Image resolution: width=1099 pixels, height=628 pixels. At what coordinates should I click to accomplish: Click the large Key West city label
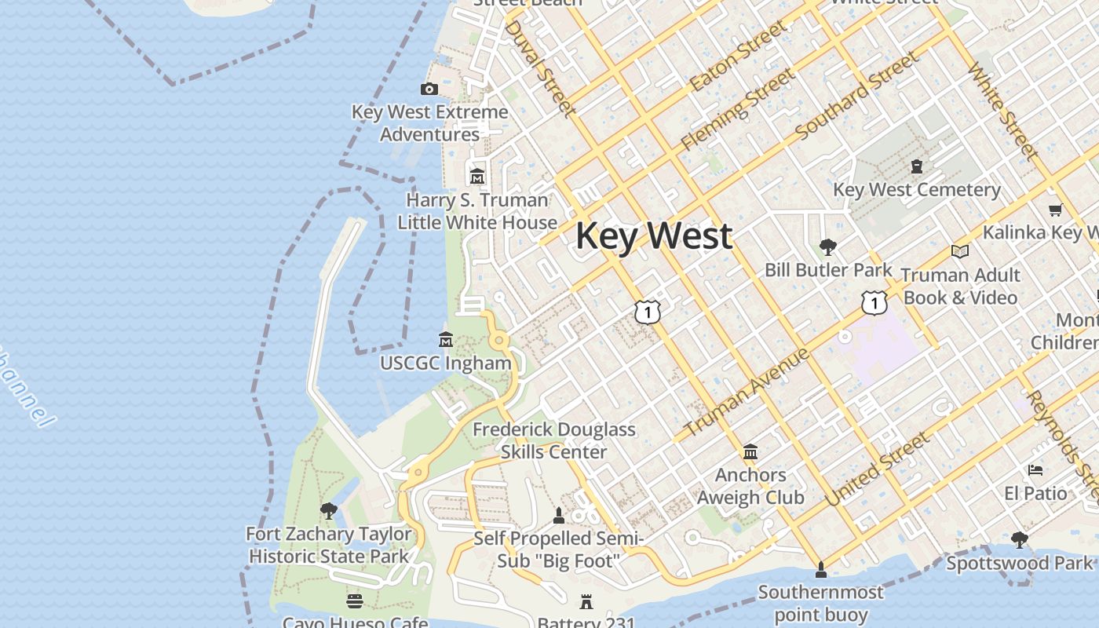(x=654, y=236)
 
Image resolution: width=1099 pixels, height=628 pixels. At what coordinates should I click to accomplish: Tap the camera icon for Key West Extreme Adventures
(x=429, y=89)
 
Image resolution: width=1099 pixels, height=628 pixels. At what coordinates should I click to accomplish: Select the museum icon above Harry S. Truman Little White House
(x=476, y=177)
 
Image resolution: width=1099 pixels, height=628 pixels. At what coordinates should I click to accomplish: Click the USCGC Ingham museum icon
(x=446, y=340)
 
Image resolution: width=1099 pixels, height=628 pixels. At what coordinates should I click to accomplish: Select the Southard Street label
(x=856, y=96)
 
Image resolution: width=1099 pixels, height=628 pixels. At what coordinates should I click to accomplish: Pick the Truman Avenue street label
(x=747, y=392)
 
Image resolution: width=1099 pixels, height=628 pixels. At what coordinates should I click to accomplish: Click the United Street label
(x=876, y=469)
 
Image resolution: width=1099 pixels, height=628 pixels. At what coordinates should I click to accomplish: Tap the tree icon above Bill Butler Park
(x=827, y=247)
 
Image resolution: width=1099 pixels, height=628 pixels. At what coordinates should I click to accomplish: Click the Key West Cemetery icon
(x=916, y=166)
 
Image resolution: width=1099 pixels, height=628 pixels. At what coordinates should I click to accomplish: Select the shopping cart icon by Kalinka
(x=1055, y=210)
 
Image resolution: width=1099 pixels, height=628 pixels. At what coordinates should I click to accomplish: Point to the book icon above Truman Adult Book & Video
(x=959, y=251)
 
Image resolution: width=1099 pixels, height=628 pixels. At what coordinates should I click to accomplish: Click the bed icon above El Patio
(x=1035, y=470)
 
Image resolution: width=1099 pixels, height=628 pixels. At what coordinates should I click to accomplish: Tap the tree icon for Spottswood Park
(x=1019, y=539)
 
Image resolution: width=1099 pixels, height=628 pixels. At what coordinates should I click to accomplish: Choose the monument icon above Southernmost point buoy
(x=820, y=568)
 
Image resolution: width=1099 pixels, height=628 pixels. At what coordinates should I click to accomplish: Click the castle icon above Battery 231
(x=586, y=602)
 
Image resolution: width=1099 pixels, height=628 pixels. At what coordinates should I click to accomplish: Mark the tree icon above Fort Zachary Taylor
(x=329, y=511)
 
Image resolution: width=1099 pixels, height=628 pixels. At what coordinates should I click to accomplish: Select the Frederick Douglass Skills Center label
(x=554, y=440)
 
